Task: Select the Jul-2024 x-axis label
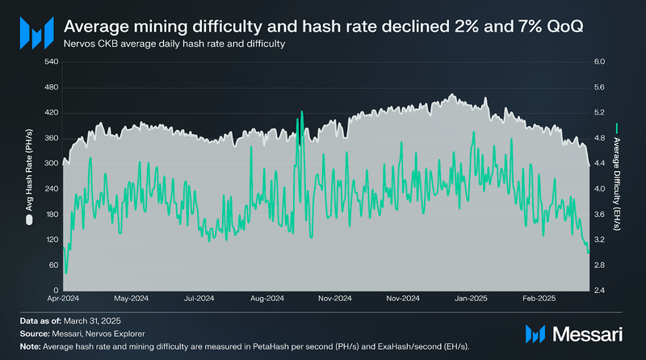tap(199, 298)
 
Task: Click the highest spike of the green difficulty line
tap(301, 111)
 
